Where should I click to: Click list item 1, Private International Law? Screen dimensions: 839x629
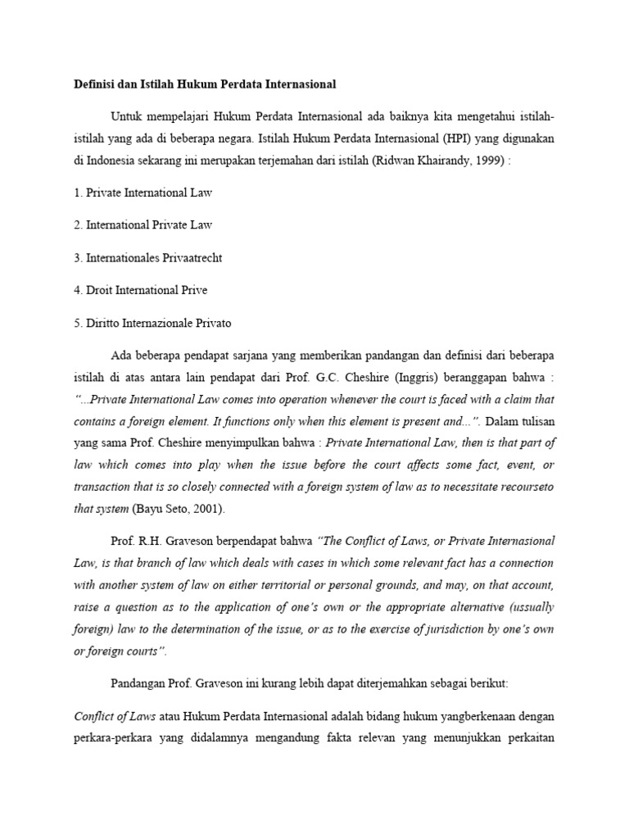pos(143,193)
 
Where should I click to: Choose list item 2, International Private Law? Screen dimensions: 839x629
pos(143,224)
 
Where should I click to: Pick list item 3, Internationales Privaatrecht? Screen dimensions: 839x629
pos(147,257)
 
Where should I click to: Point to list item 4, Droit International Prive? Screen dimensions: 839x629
pos(140,290)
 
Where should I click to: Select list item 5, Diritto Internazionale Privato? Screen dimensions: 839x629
pos(152,323)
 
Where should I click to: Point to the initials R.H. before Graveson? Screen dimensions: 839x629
pos(152,542)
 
